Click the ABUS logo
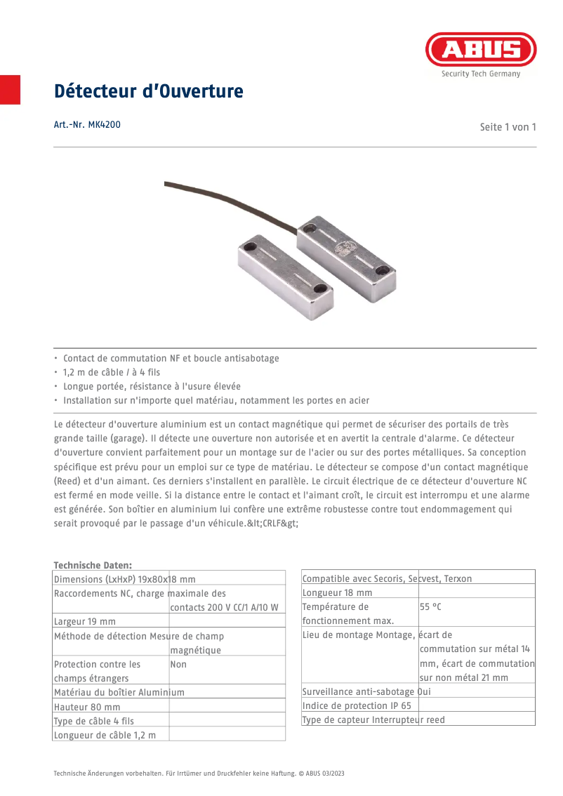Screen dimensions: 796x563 [481, 50]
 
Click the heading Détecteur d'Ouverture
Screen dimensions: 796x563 [149, 91]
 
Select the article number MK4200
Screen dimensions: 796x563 [87, 125]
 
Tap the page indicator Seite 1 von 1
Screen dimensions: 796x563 [508, 127]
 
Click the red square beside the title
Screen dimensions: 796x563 [10, 89]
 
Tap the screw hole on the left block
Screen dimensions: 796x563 [320, 287]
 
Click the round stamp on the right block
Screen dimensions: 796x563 [346, 247]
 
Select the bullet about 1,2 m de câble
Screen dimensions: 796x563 [112, 372]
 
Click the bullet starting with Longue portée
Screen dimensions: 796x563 [152, 386]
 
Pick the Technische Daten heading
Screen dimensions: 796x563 [93, 564]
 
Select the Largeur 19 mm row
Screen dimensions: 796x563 [85, 621]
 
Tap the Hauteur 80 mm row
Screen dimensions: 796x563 [87, 707]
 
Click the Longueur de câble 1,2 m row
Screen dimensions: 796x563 [105, 735]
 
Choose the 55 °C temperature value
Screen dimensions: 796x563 [430, 606]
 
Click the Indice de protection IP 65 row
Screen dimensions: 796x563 [357, 705]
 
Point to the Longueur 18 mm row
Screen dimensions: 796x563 [337, 592]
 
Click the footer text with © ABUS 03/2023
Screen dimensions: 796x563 [199, 773]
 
